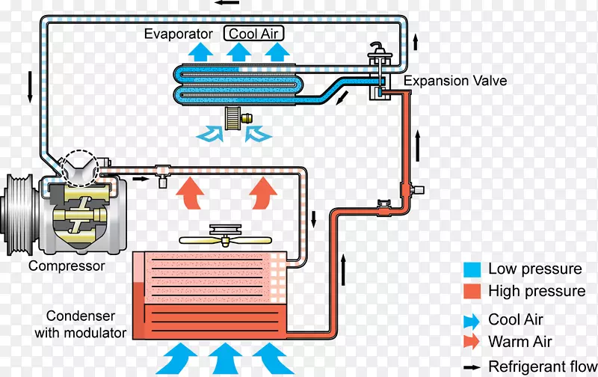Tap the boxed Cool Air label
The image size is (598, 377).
pyautogui.click(x=254, y=34)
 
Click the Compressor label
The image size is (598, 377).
pyautogui.click(x=67, y=266)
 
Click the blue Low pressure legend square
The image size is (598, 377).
pyautogui.click(x=472, y=269)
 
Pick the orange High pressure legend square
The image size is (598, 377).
pyautogui.click(x=472, y=291)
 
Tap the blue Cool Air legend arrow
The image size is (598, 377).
pyautogui.click(x=472, y=320)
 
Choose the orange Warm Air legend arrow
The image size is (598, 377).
pyautogui.click(x=472, y=342)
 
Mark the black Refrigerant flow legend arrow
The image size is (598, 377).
pyautogui.click(x=472, y=366)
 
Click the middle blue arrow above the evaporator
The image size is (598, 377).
pyautogui.click(x=239, y=52)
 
